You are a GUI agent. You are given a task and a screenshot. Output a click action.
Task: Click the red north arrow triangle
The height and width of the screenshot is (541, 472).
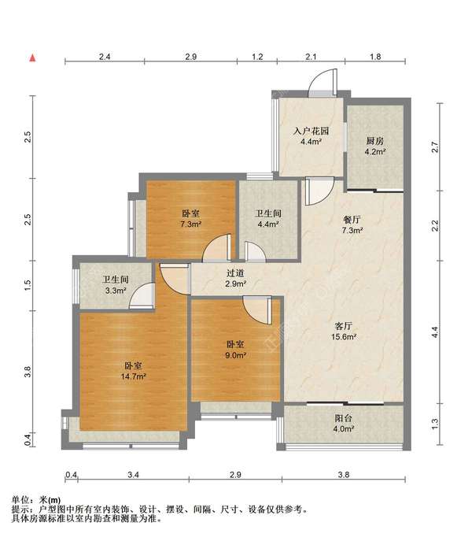32,58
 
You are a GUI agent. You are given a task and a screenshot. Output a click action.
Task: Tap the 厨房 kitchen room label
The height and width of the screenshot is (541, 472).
374,141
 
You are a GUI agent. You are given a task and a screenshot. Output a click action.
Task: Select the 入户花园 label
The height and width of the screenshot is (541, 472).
311,131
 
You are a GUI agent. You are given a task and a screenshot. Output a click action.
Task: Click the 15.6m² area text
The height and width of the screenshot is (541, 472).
344,337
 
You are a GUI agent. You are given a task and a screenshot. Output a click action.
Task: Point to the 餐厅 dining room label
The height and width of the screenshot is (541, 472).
352,220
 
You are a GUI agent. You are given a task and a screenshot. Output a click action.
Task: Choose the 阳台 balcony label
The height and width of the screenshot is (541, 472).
344,418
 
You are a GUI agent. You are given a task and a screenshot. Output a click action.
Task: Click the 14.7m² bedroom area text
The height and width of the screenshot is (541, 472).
133,376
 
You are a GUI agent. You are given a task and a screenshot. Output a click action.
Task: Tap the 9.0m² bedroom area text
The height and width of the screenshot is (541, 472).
235,355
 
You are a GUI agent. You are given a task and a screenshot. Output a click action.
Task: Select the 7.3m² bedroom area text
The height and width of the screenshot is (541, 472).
190,224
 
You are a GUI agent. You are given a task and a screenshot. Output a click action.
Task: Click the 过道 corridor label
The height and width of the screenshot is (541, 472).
235,273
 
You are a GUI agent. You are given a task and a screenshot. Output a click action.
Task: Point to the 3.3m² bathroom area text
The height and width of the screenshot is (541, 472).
115,291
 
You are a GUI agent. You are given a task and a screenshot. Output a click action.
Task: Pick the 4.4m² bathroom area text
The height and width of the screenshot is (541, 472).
268,224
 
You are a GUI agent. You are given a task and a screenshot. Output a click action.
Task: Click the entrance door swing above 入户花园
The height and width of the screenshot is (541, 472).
323,83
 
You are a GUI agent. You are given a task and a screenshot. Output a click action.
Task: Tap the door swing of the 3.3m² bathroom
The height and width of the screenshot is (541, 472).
142,295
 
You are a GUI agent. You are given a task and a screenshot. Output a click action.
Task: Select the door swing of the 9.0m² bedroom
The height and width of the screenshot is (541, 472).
257,309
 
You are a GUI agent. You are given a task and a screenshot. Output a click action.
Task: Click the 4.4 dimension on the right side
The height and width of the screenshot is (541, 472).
435,332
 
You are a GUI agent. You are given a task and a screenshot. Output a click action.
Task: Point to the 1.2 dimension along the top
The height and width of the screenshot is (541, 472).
257,57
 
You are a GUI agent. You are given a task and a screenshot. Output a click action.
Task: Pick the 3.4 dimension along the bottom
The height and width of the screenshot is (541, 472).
133,475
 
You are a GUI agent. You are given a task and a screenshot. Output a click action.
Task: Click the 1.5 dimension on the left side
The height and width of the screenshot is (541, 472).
28,284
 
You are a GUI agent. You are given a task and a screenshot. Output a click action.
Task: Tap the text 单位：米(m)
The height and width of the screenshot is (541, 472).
36,499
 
